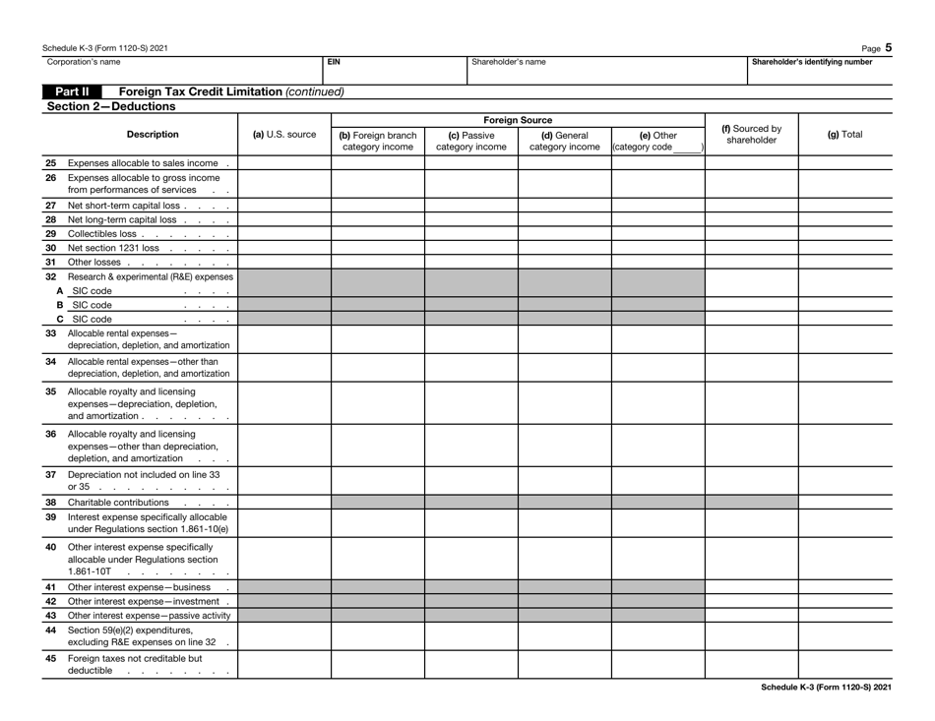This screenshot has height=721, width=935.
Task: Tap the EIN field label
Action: click(x=334, y=61)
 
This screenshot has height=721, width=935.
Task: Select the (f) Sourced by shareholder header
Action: click(x=751, y=134)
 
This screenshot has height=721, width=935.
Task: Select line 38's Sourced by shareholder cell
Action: click(x=751, y=501)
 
